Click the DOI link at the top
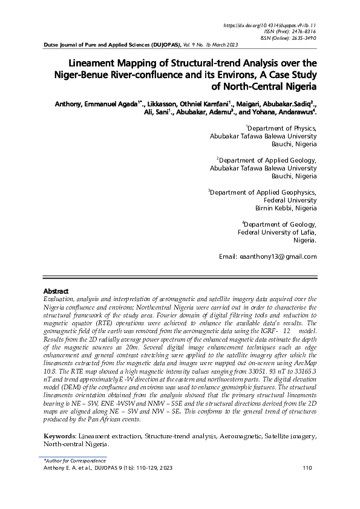(270, 25)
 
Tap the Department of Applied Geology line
(267, 160)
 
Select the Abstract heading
(56, 291)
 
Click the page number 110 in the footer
(306, 467)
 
